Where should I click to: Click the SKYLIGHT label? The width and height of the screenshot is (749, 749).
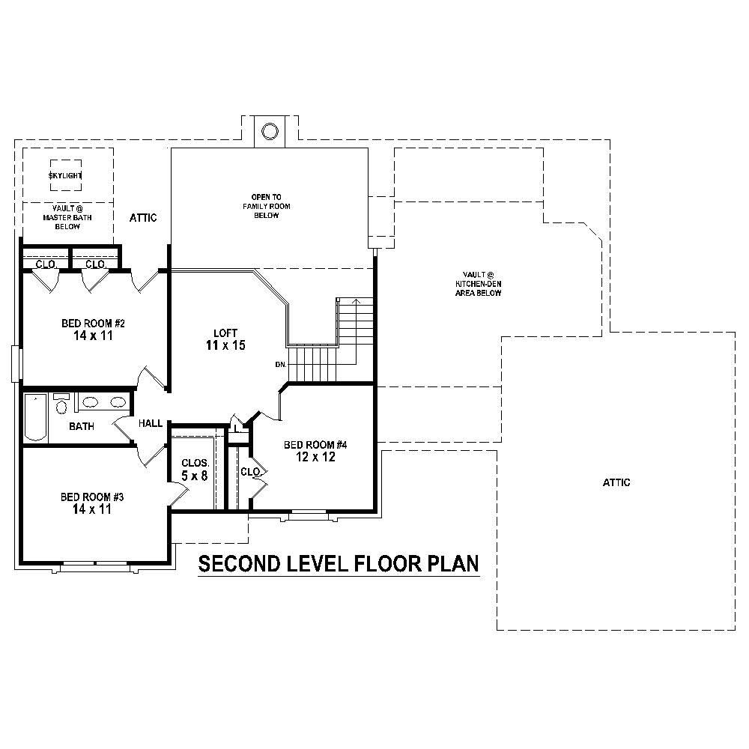pos(66,175)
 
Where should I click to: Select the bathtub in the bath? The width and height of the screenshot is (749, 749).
pos(35,417)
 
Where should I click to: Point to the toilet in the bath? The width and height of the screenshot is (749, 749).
pos(61,404)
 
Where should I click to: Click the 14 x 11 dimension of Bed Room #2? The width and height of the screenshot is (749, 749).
pos(92,337)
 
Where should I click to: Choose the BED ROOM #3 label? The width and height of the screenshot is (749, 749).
pos(92,497)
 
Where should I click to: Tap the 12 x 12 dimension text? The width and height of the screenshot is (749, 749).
pos(315,457)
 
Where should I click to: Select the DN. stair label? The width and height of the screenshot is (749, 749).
pos(281,365)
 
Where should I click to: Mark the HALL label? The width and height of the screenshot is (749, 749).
pos(151,424)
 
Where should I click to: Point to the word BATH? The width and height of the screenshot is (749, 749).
pos(82,427)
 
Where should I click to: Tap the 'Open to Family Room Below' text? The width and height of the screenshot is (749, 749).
pos(266,206)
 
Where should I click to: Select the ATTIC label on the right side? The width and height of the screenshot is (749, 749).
pos(616,483)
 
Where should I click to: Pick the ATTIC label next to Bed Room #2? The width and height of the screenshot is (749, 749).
pos(143,218)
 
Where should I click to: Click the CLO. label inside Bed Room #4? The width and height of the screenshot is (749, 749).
pos(249,472)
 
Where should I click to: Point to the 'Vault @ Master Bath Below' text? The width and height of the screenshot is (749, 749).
pos(67,217)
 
